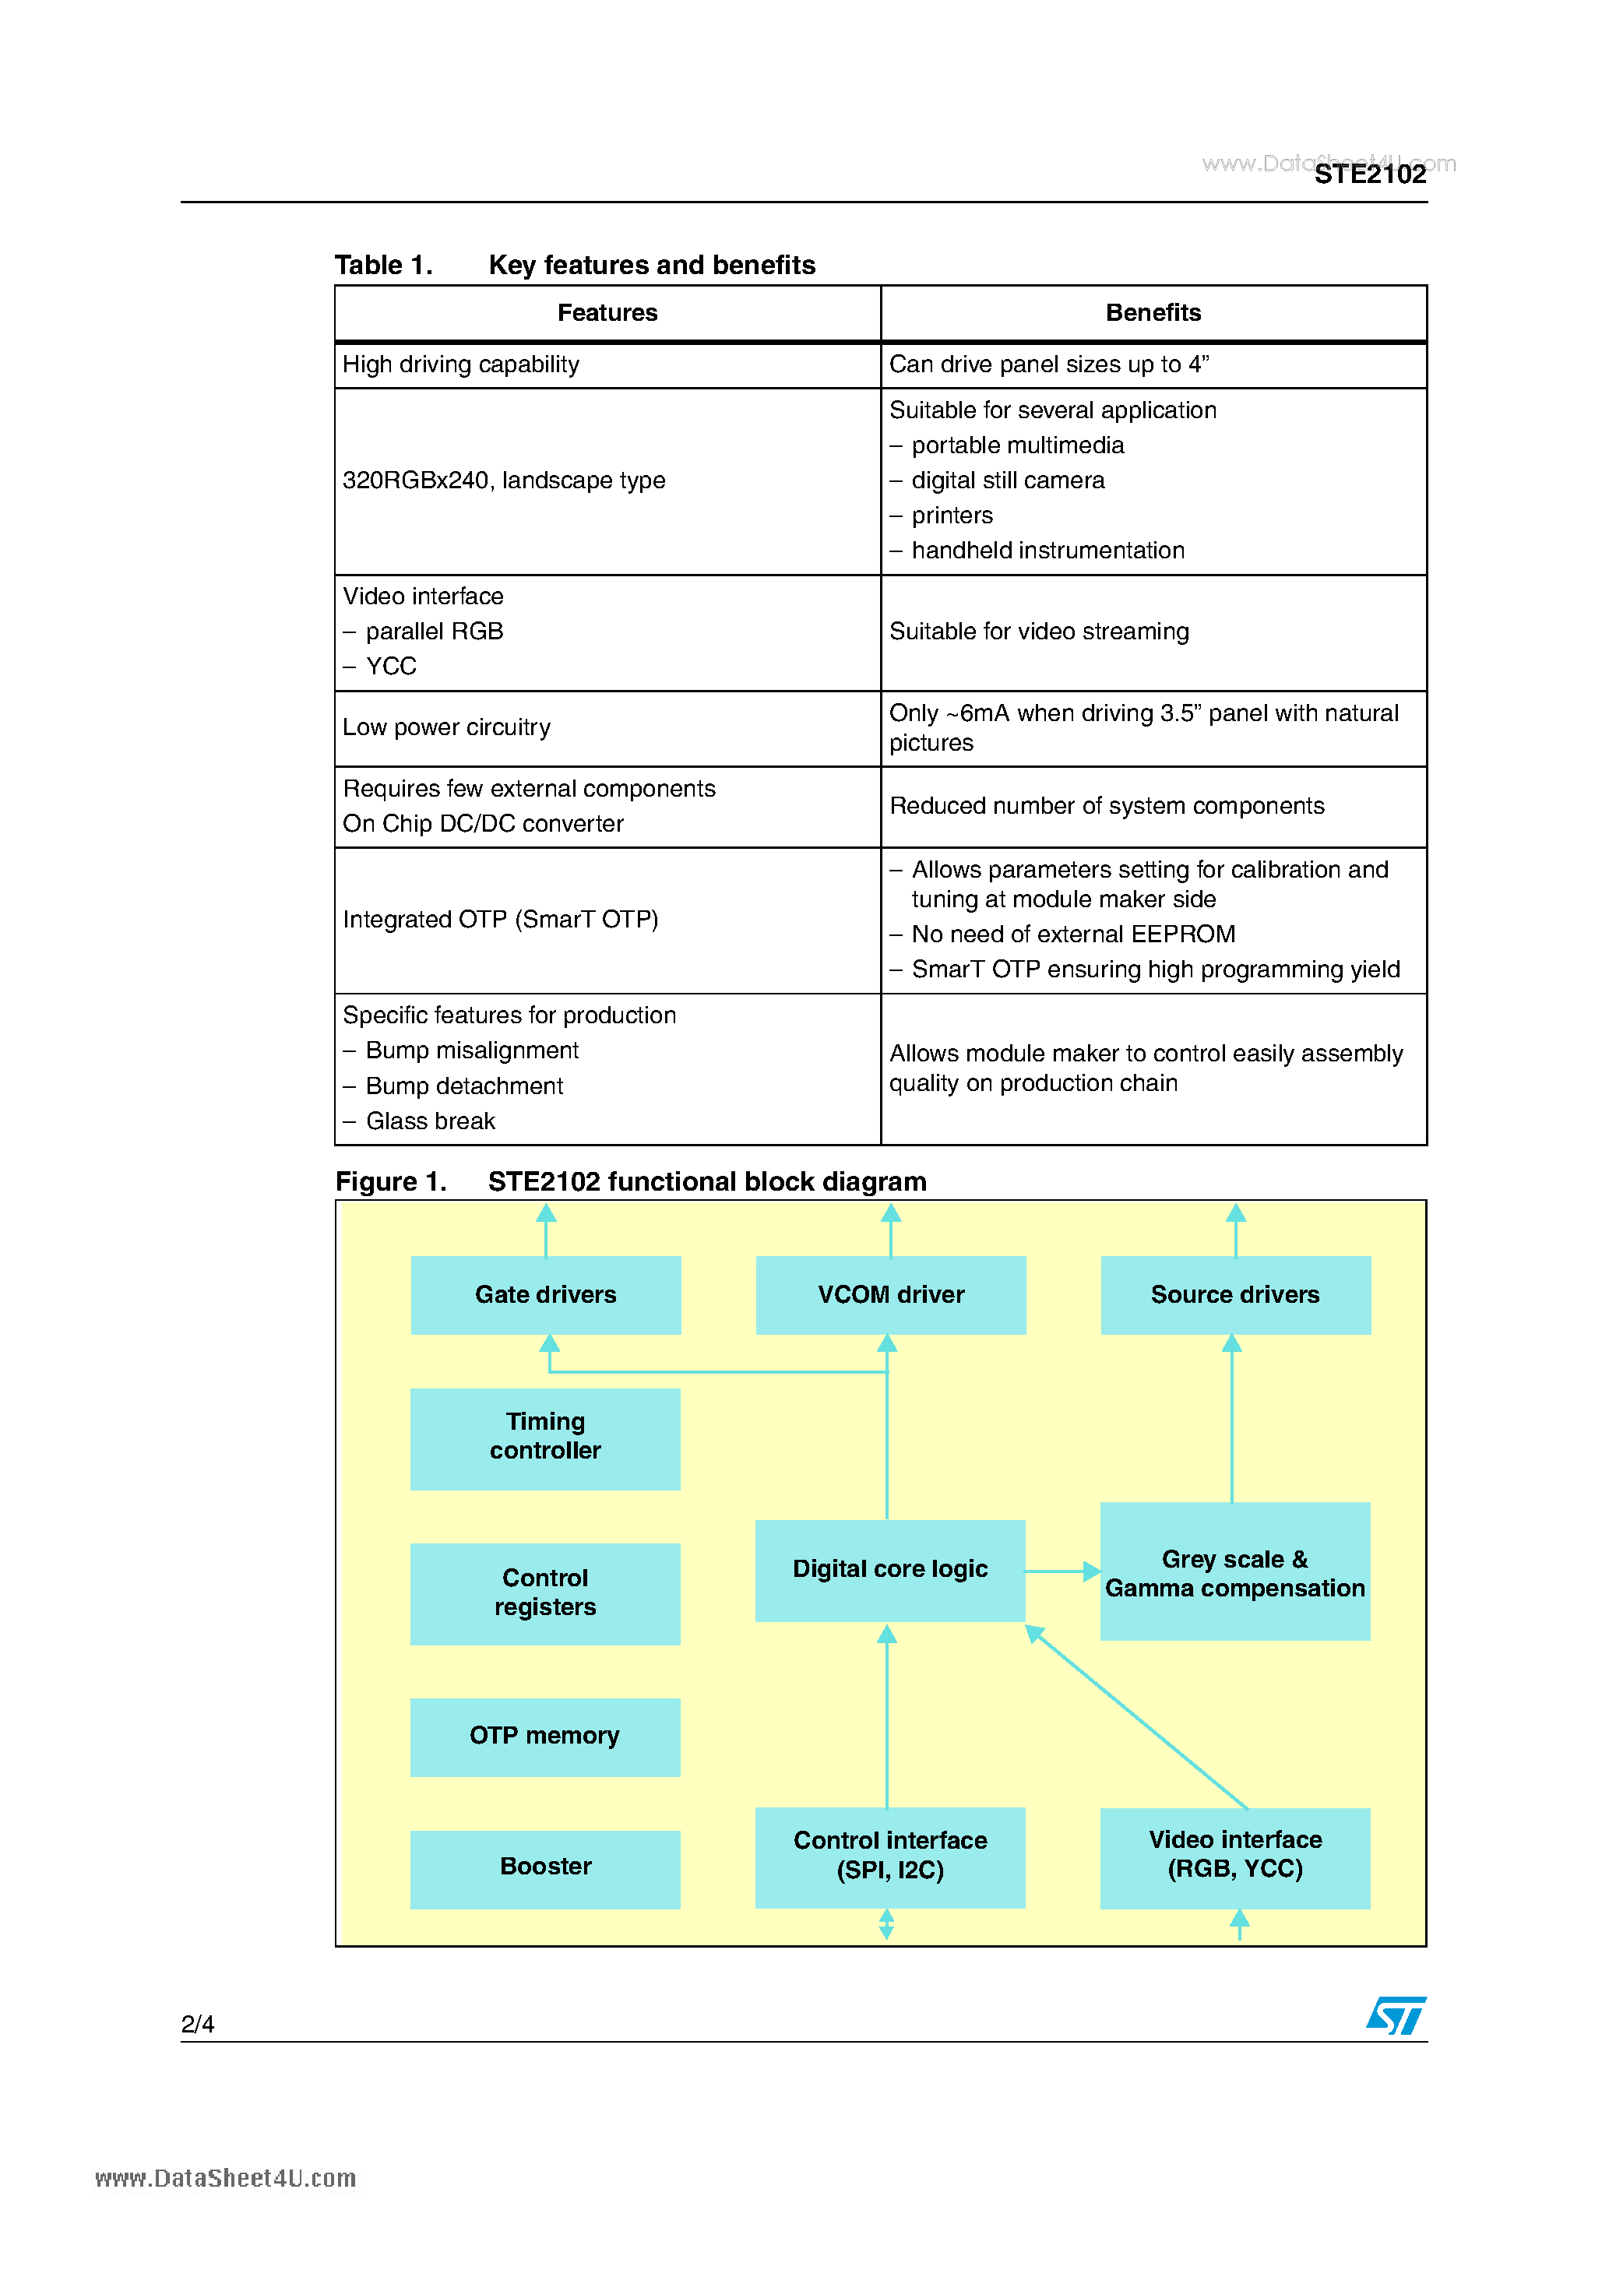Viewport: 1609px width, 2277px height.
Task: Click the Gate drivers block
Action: click(x=546, y=1294)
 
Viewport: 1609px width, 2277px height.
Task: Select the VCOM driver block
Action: click(x=890, y=1294)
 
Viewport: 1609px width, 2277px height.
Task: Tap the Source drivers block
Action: click(x=1235, y=1294)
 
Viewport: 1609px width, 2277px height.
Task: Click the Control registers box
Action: click(x=546, y=1592)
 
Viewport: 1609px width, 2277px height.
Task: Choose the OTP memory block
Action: click(x=546, y=1736)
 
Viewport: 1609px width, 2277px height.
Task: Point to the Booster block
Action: click(x=546, y=1867)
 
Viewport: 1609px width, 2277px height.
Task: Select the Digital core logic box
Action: click(x=890, y=1570)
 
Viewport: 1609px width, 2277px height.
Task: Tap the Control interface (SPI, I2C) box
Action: click(x=890, y=1856)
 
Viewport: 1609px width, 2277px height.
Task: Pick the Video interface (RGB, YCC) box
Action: click(x=1235, y=1856)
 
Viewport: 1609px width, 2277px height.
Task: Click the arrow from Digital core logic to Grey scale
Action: click(x=1062, y=1571)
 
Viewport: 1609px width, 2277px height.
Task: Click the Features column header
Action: click(x=607, y=313)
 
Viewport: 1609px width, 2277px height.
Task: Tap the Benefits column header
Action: click(x=1153, y=313)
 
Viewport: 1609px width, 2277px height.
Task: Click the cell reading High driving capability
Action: click(x=607, y=365)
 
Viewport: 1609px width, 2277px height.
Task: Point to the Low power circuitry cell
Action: click(x=607, y=728)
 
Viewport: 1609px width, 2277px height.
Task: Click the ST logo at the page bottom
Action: click(x=1396, y=2015)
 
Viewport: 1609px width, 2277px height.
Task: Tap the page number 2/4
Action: click(x=197, y=2024)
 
